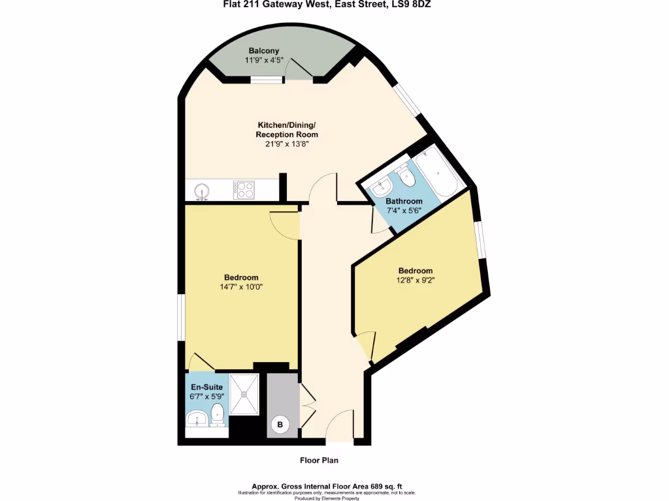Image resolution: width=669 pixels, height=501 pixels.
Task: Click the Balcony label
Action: (263, 51)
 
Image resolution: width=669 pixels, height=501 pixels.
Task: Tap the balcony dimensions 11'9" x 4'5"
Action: (263, 60)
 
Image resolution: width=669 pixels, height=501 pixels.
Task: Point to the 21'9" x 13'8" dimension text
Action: (286, 144)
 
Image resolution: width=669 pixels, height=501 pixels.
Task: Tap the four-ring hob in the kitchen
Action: (244, 190)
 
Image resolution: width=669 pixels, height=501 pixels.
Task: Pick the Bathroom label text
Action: (403, 202)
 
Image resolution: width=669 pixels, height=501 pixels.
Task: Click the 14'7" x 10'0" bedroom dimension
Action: (241, 286)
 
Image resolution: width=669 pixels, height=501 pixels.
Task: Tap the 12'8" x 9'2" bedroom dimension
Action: (416, 281)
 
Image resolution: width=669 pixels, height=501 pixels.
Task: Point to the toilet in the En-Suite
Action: (218, 414)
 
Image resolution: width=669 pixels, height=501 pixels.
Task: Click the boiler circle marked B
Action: (280, 425)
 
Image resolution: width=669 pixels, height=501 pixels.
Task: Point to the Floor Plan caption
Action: (319, 460)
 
